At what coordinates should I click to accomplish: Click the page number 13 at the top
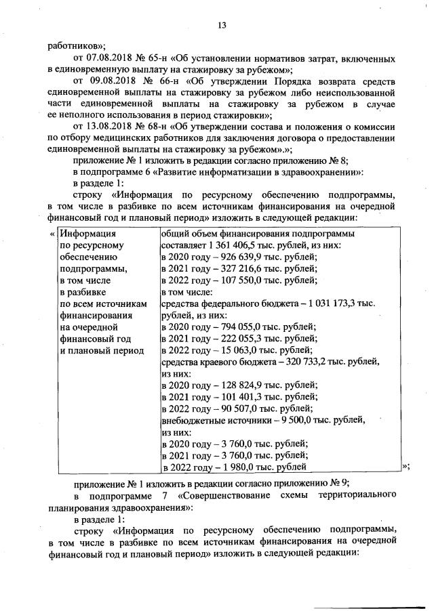(x=220, y=25)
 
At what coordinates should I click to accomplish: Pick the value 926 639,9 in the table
(x=236, y=257)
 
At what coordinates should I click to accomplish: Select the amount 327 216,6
(x=236, y=269)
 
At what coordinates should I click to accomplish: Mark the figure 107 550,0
(x=236, y=280)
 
